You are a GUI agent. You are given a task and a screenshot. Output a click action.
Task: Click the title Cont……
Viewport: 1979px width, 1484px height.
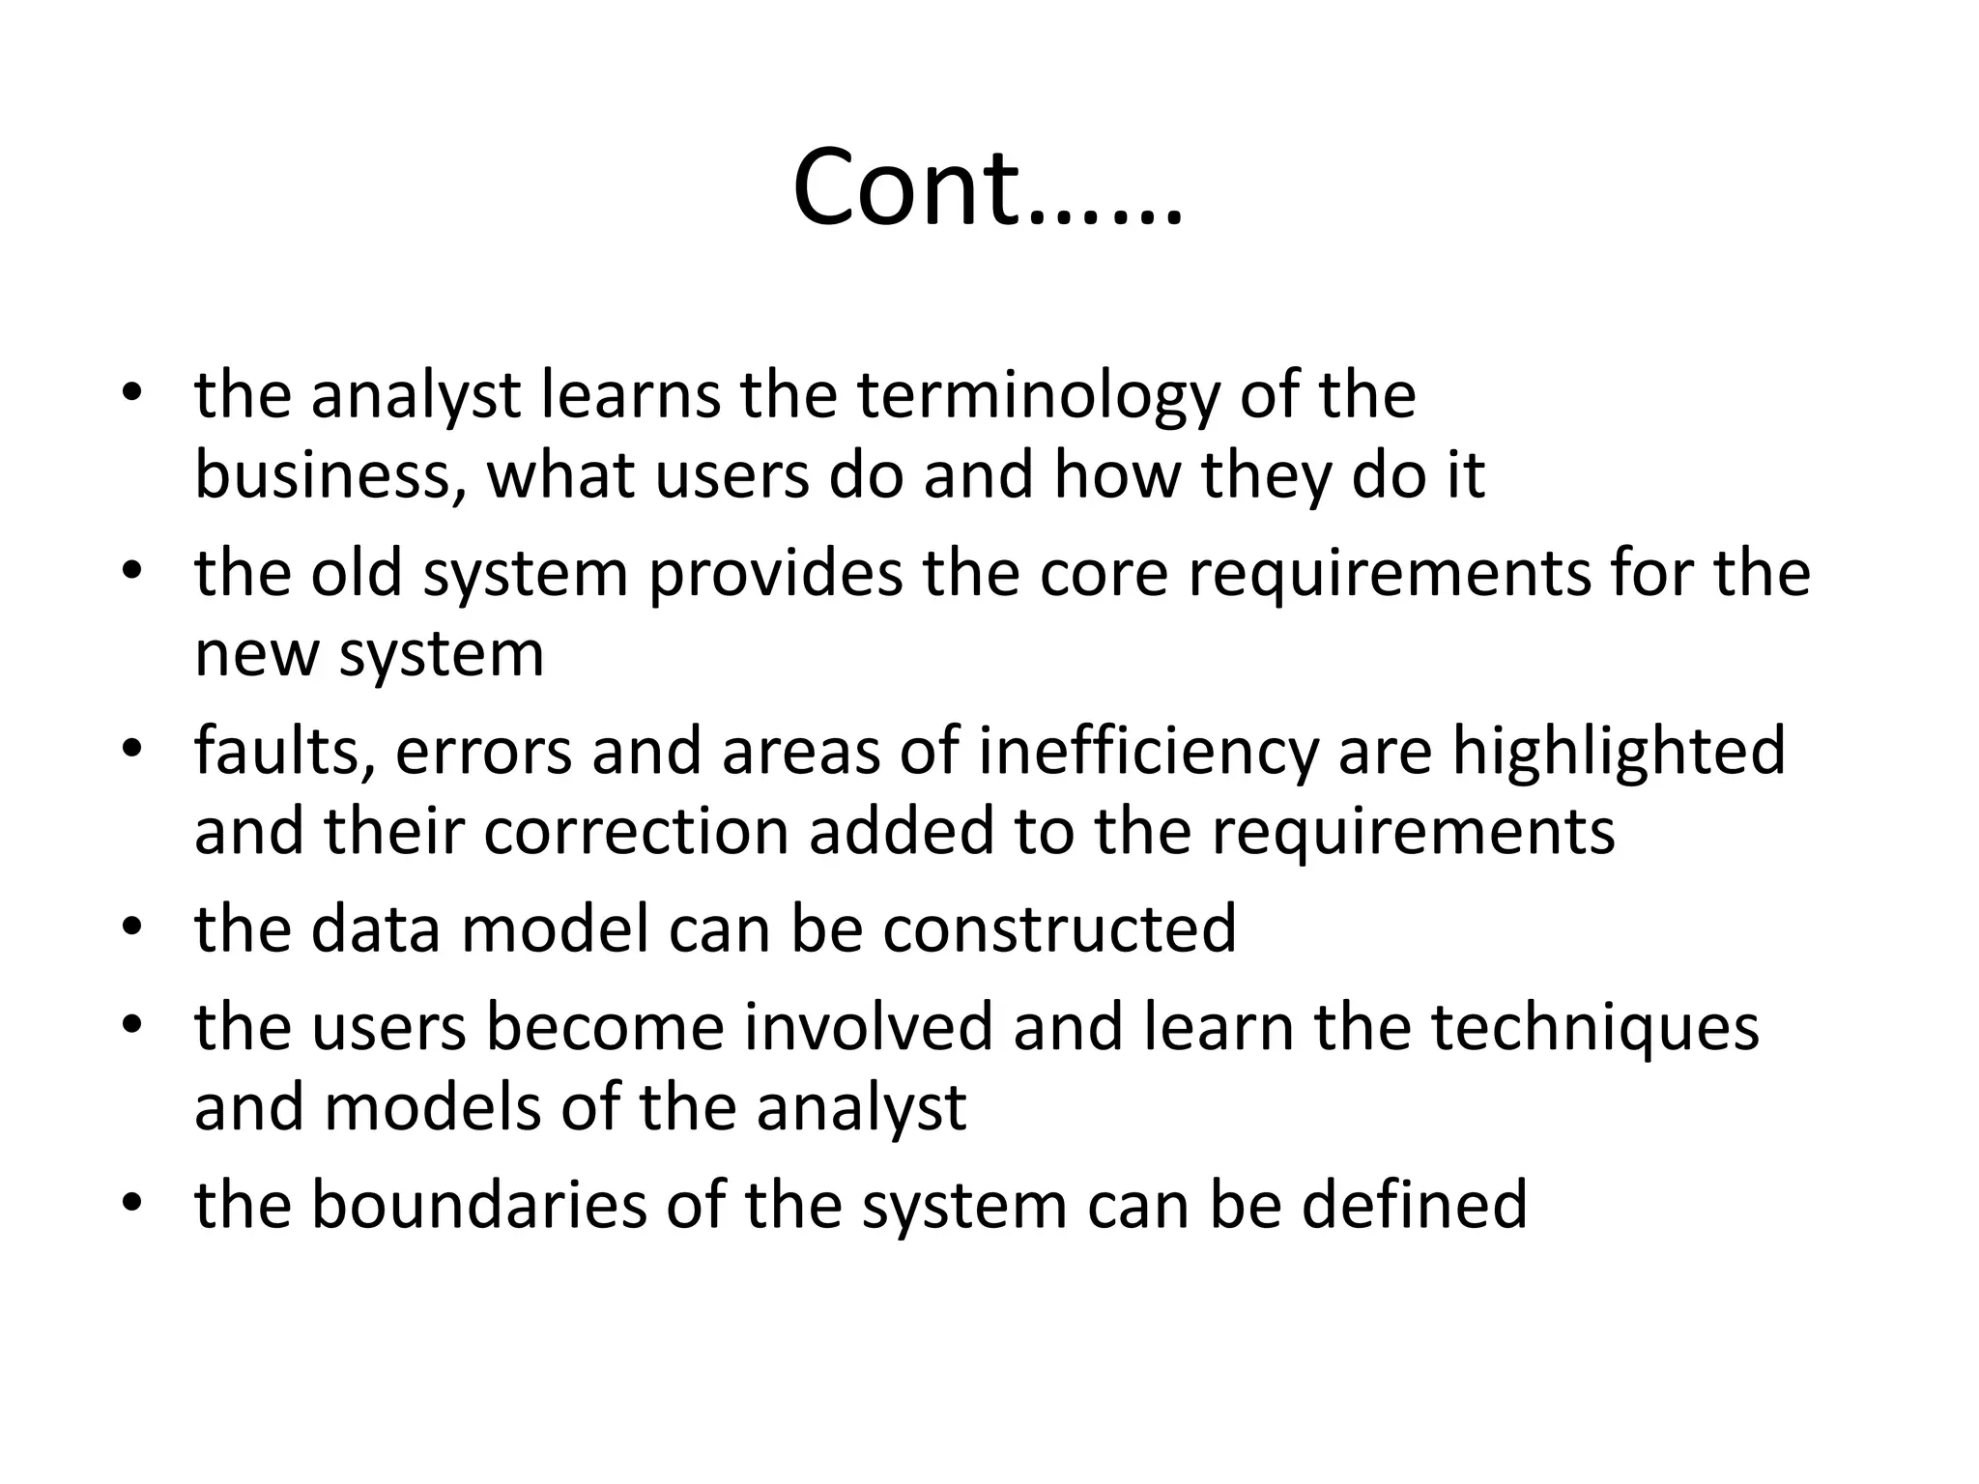click(988, 187)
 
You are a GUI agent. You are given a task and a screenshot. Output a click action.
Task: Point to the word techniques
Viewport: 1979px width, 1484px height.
click(1595, 1028)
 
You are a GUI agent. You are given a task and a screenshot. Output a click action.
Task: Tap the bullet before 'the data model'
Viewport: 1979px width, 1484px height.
click(132, 928)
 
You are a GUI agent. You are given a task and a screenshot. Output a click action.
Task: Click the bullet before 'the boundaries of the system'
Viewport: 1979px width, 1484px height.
click(132, 1205)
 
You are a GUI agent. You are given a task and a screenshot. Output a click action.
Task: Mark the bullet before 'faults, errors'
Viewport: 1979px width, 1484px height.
click(132, 751)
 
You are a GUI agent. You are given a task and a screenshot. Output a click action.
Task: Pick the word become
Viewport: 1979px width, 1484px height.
click(604, 1026)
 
